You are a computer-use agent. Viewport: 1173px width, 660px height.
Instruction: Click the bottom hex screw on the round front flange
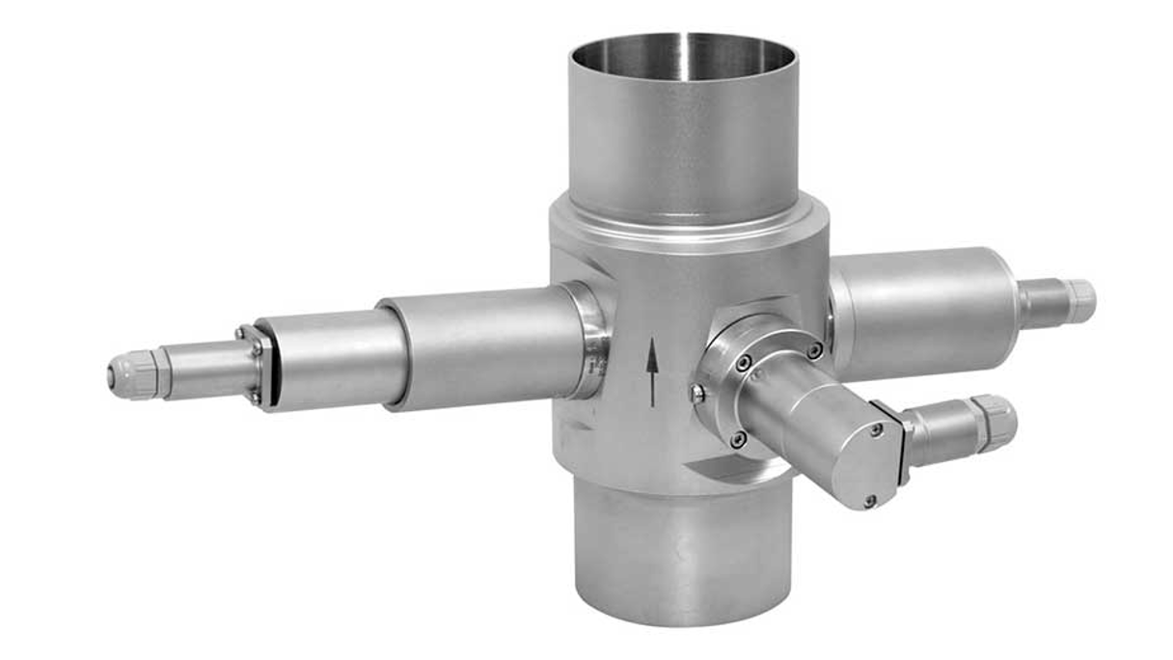tap(738, 439)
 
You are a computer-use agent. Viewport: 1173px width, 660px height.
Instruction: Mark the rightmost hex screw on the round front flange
tap(815, 351)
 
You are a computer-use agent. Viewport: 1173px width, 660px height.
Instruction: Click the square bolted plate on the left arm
tap(253, 367)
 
